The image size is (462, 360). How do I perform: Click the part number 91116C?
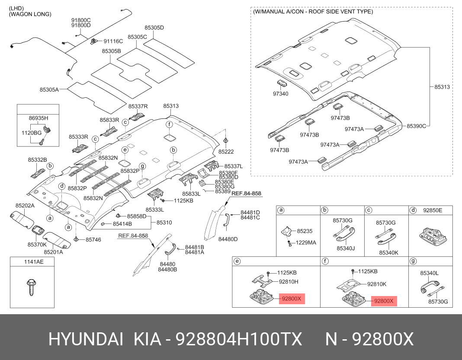point(113,41)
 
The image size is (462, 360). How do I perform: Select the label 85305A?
point(49,89)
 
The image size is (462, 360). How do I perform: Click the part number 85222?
point(226,152)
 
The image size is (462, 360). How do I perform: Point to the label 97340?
point(280,93)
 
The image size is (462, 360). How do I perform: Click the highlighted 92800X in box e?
point(292,299)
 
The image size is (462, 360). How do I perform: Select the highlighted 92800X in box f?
point(384,301)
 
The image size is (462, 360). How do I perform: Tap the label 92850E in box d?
point(433,210)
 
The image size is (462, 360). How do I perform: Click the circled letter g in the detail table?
point(413,261)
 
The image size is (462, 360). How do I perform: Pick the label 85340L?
point(429,273)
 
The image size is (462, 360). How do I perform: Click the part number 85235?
point(305,231)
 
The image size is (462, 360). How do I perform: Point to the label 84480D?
point(228,239)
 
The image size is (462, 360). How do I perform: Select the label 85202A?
point(25,206)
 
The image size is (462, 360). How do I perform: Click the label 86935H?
point(38,118)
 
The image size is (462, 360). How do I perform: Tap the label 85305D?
point(154,28)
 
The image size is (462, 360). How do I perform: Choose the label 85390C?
point(416,126)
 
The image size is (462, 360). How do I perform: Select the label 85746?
point(93,239)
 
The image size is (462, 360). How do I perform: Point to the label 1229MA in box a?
point(306,243)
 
